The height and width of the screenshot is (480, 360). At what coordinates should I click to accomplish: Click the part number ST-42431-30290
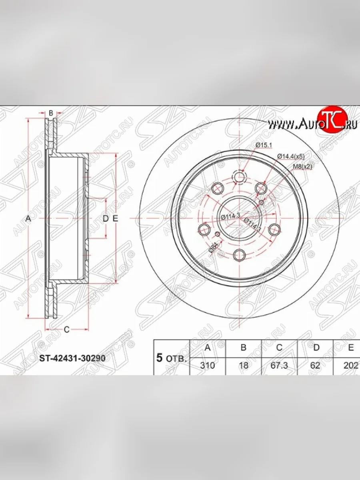click(x=72, y=358)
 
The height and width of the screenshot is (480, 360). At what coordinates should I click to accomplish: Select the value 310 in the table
click(x=207, y=366)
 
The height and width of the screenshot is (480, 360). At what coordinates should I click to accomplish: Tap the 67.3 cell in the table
click(x=279, y=366)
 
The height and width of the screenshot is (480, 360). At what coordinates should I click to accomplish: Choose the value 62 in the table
click(x=315, y=366)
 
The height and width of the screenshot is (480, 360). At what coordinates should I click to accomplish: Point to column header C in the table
click(x=279, y=348)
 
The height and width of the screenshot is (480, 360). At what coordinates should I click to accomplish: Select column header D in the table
click(x=316, y=348)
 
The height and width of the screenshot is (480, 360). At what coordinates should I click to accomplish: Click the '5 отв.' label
click(x=171, y=358)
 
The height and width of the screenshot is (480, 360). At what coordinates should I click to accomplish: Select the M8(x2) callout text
click(x=303, y=167)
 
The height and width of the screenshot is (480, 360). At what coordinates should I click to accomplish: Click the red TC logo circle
click(x=330, y=120)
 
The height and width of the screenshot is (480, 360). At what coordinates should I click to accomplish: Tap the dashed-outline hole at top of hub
click(x=239, y=177)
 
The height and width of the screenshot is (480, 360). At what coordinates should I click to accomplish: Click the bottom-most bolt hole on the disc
click(x=239, y=254)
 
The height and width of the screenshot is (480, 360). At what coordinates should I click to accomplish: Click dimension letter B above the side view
click(x=51, y=113)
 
